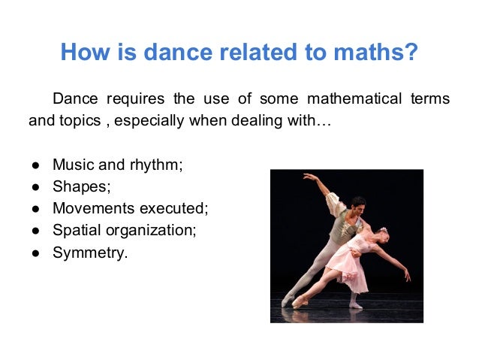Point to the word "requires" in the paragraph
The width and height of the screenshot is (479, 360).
(136, 99)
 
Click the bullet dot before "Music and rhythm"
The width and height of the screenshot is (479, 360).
(35, 165)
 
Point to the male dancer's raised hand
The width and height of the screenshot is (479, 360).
(306, 177)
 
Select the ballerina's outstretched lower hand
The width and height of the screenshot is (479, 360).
(407, 277)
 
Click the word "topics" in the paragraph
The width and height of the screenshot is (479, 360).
(78, 120)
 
